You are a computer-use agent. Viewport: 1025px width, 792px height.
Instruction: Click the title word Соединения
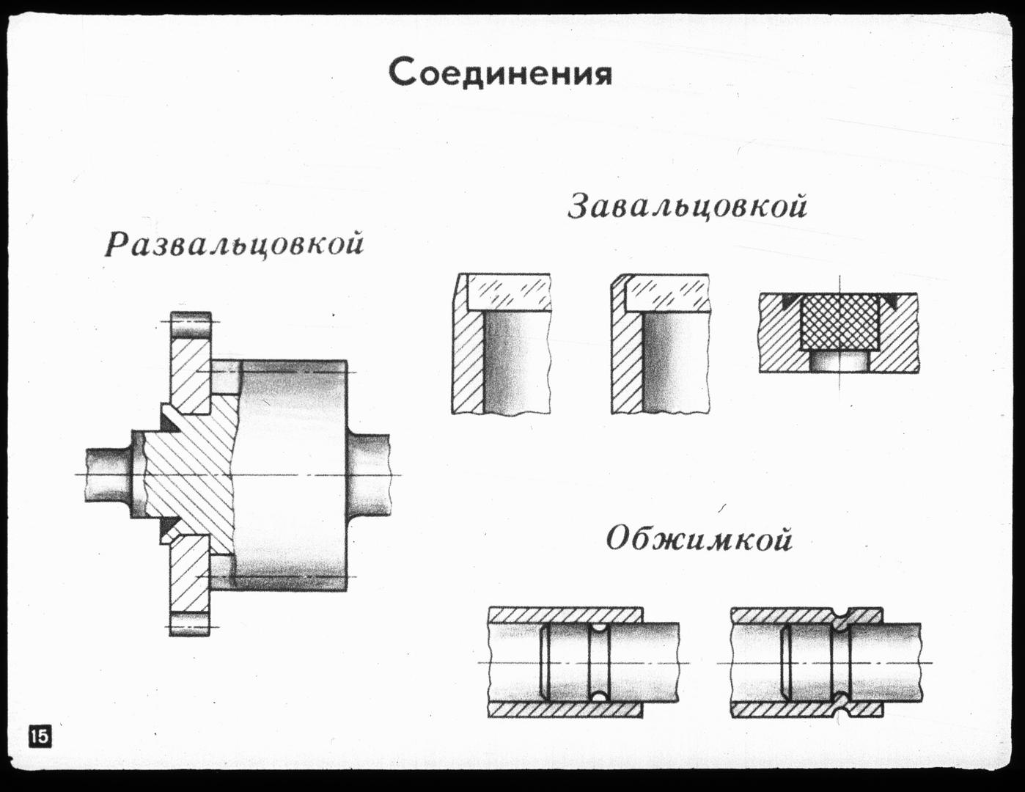coord(500,73)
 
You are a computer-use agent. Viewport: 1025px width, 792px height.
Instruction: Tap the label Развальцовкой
coord(234,244)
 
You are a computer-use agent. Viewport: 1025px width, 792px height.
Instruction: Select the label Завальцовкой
coord(688,207)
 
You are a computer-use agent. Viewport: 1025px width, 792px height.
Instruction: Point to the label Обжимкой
coord(699,540)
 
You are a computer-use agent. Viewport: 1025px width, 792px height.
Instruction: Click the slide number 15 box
coord(40,735)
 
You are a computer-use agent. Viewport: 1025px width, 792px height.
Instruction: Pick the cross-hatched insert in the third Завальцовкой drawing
coord(839,323)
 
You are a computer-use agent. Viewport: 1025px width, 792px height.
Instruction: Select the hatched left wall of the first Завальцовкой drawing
coord(467,359)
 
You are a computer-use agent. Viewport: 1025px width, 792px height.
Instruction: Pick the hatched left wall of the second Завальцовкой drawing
coord(627,359)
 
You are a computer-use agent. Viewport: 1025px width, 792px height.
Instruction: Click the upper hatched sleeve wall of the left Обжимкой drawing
coord(565,615)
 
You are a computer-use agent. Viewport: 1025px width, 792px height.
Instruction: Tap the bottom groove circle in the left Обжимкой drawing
coord(600,695)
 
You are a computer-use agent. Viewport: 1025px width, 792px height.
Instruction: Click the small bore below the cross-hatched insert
coord(839,361)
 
